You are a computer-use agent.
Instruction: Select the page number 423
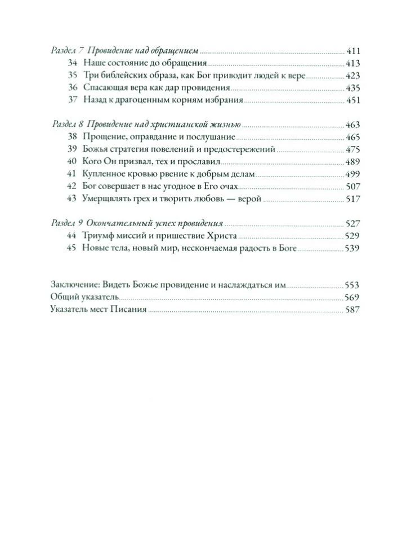coord(353,76)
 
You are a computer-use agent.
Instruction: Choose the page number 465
coord(353,137)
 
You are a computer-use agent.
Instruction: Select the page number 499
coord(353,174)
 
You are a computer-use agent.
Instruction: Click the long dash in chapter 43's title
coord(227,199)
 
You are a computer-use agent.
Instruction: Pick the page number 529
coord(353,235)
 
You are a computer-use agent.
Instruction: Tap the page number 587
coord(353,310)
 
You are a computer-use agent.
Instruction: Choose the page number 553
coord(353,285)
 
